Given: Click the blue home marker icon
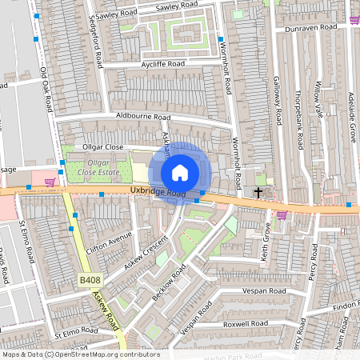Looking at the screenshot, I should (180, 172).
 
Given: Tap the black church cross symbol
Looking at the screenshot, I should (258, 192).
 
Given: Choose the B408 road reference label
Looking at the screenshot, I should (90, 280).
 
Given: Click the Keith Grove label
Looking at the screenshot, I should (266, 240).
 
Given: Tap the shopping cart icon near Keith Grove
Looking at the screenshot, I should (282, 214).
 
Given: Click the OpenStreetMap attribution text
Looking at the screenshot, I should (80, 354).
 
